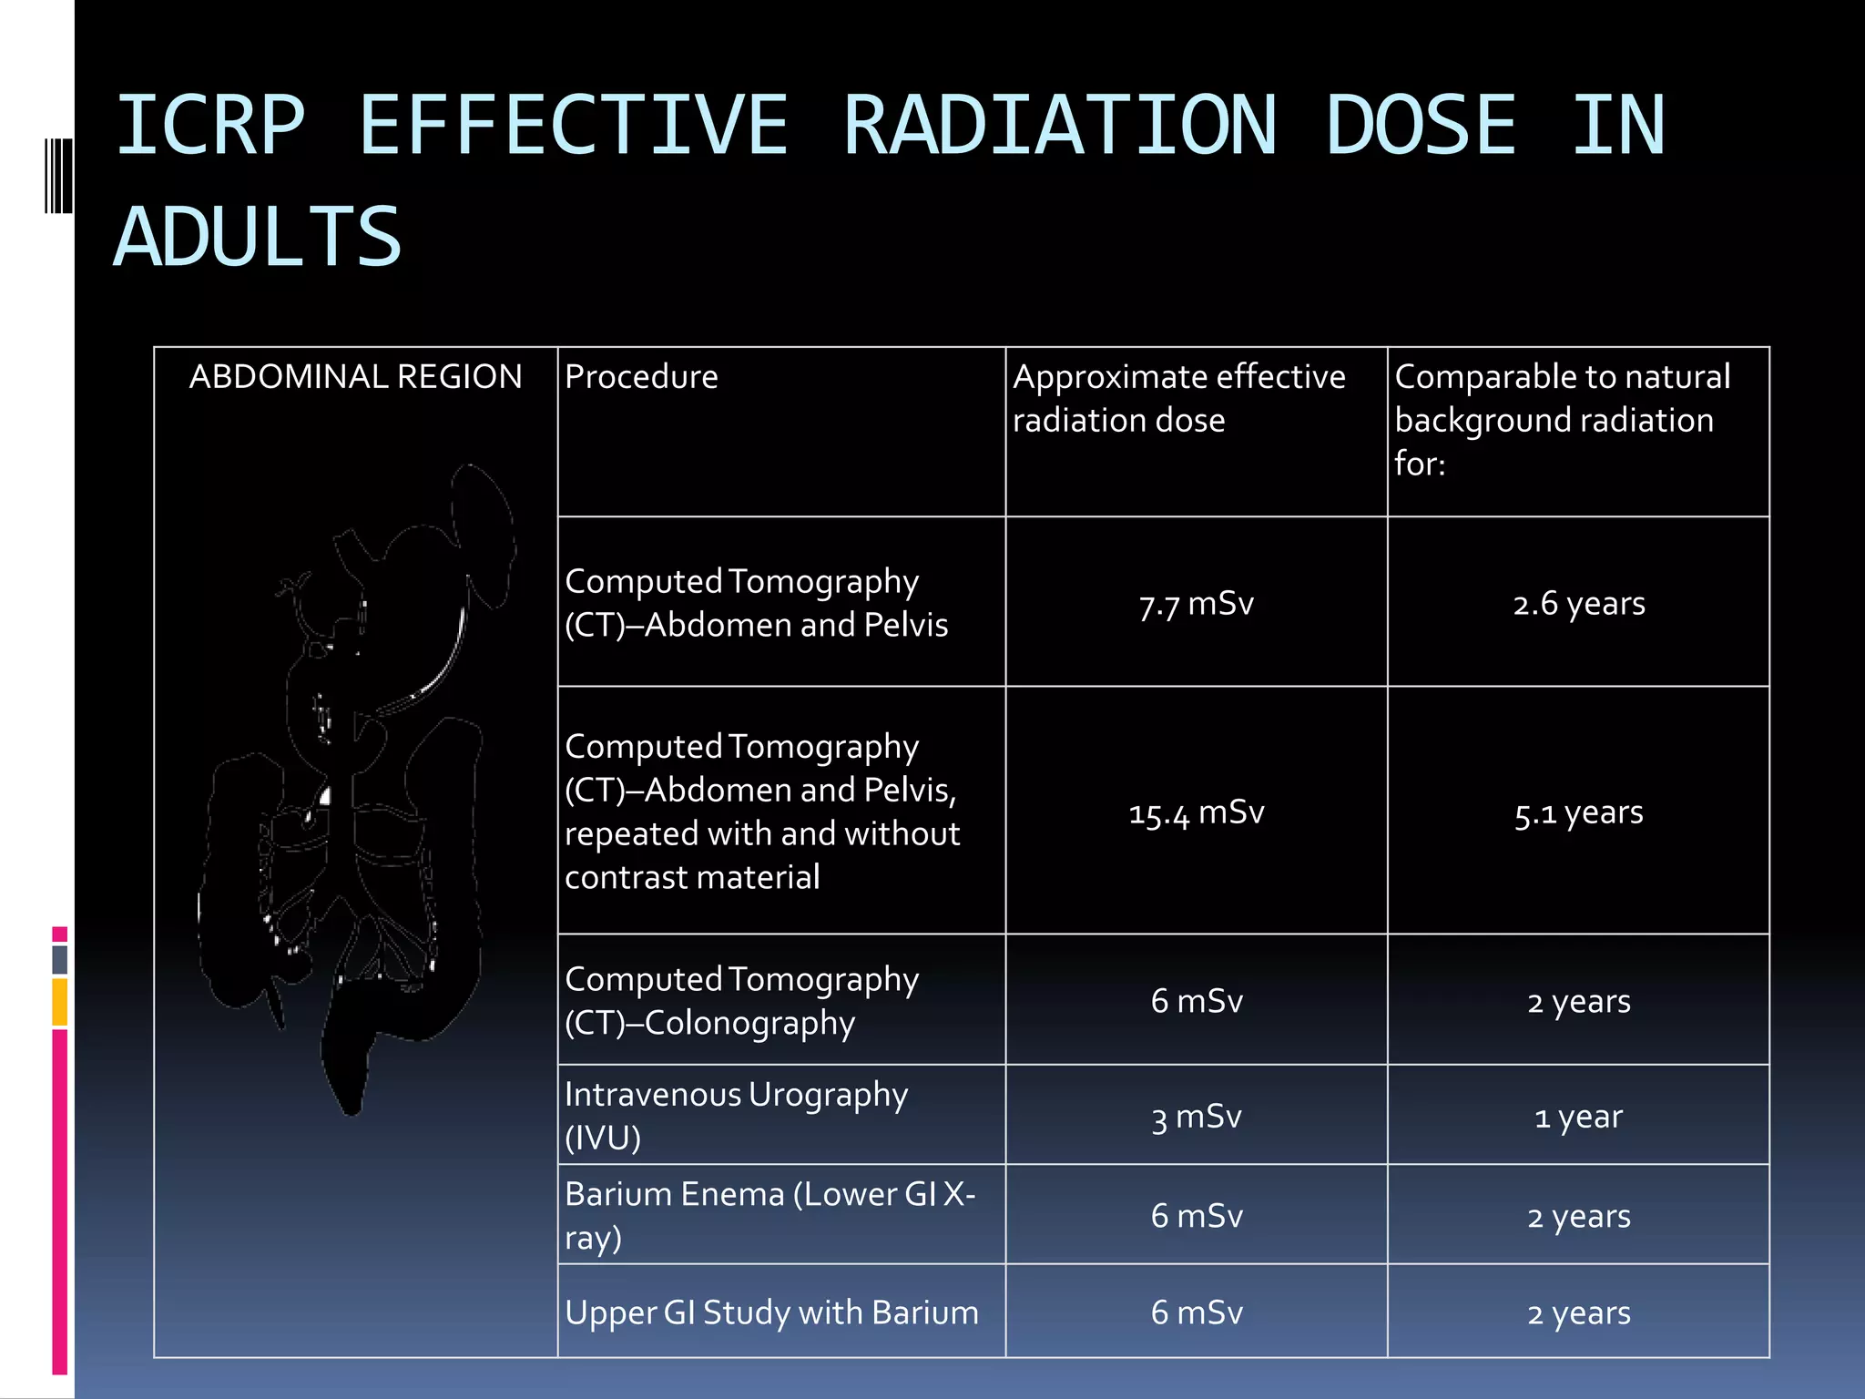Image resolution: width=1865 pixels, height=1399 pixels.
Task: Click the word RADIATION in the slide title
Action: [x=1059, y=126]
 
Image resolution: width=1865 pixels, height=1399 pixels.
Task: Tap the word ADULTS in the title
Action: [x=258, y=238]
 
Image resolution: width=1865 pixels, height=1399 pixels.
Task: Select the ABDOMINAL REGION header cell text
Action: [x=355, y=377]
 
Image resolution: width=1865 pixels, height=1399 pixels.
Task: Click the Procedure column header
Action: [x=641, y=377]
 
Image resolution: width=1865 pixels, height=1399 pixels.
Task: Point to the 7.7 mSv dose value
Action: [x=1196, y=604]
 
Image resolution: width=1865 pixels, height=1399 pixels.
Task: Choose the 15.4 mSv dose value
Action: [x=1196, y=812]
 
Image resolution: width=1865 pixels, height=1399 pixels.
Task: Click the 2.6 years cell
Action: [x=1578, y=604]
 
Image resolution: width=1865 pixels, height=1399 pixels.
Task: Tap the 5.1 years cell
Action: [x=1578, y=812]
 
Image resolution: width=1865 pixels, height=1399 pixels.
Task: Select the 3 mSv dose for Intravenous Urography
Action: [x=1196, y=1117]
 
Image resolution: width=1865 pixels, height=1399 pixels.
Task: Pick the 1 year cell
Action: [x=1578, y=1117]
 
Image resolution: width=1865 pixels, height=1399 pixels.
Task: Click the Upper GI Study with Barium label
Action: [x=771, y=1312]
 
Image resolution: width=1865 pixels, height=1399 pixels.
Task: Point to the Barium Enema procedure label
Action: [x=769, y=1215]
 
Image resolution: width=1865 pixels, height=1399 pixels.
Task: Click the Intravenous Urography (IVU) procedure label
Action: [x=736, y=1116]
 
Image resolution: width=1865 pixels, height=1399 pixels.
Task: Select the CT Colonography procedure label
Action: [x=741, y=1001]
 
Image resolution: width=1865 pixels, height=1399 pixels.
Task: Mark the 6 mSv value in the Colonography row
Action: [x=1196, y=1001]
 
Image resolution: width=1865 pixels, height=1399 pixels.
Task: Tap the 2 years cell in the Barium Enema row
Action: [x=1578, y=1217]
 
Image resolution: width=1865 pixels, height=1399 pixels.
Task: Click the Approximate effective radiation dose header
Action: [x=1178, y=399]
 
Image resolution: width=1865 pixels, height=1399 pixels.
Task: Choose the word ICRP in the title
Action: [x=210, y=126]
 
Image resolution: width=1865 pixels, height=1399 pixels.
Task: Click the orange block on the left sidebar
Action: [x=60, y=1002]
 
